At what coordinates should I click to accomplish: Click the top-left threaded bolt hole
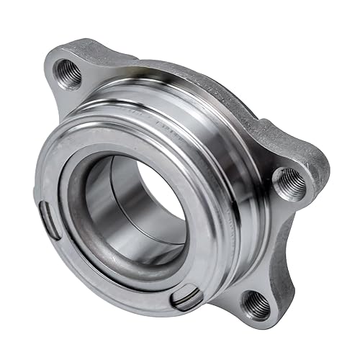(x=69, y=72)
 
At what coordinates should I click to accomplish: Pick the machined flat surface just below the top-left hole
(x=72, y=97)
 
